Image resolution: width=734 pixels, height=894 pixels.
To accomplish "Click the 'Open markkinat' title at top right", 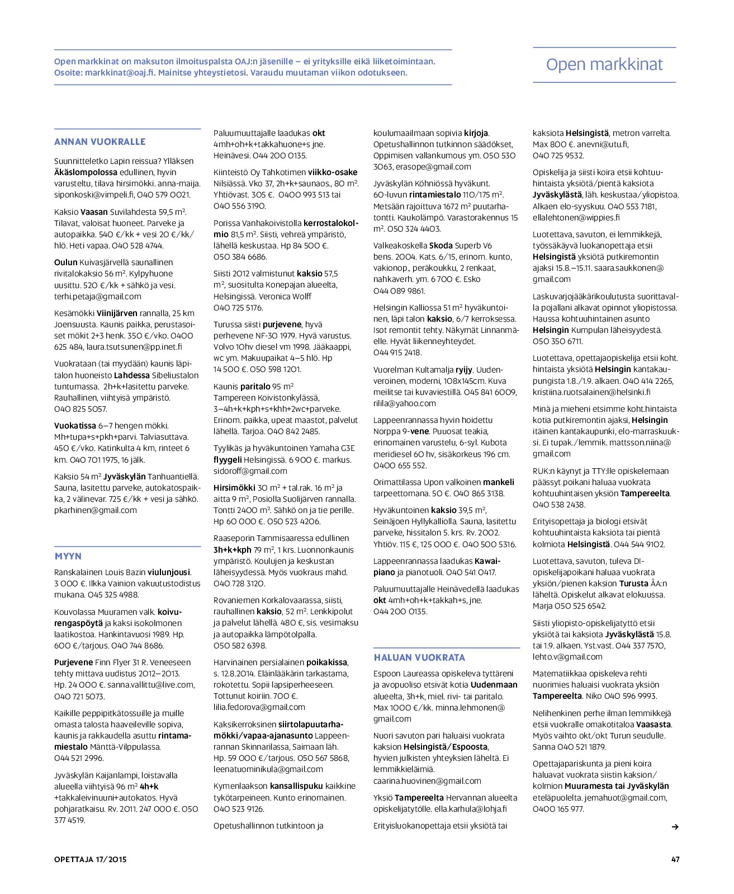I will click(604, 65).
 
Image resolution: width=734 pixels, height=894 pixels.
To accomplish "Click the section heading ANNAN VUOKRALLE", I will click(100, 142).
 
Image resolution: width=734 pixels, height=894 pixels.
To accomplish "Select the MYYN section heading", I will click(68, 556).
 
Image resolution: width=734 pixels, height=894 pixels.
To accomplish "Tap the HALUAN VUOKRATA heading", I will click(419, 657).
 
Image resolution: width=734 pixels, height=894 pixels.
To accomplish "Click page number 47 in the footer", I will click(675, 859).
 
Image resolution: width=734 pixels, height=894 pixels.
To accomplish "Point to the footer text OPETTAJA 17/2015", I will click(91, 859).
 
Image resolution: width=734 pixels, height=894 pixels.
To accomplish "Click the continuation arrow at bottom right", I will click(675, 827).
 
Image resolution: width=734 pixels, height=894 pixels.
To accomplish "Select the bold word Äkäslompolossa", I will click(86, 172).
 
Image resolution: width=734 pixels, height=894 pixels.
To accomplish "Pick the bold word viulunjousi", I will click(169, 572).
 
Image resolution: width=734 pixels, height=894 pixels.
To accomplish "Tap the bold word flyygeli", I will click(228, 460).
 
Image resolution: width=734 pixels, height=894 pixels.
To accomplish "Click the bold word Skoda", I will click(441, 246).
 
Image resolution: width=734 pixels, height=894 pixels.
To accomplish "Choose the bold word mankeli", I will click(499, 482).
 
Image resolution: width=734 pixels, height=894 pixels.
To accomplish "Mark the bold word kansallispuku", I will click(296, 786).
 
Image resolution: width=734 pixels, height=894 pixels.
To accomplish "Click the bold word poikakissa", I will click(326, 662).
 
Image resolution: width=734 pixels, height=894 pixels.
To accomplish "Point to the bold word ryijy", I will click(463, 370).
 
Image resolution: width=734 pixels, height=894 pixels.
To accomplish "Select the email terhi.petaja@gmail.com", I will click(98, 297).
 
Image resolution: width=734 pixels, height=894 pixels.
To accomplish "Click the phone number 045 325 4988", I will click(113, 595).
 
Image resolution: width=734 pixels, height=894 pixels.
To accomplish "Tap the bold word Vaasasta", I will click(654, 724).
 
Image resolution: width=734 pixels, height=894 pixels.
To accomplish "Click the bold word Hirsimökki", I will click(234, 488).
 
